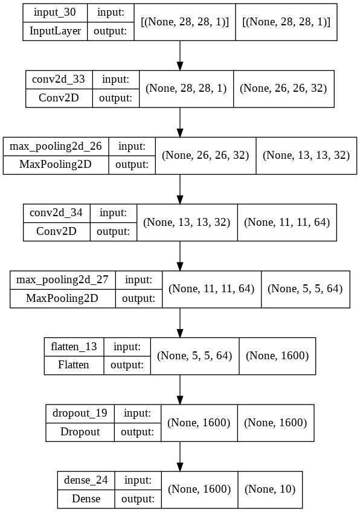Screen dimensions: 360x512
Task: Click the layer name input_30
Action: [55, 13]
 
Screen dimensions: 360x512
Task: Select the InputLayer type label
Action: [55, 31]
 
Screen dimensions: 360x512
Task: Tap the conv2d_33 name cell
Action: [59, 79]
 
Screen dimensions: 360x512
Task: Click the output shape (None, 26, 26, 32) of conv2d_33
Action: [283, 89]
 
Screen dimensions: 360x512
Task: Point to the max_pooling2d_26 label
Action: [56, 146]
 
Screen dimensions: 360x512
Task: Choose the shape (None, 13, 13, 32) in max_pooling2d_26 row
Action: [306, 155]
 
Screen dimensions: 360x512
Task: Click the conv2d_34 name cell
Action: [56, 213]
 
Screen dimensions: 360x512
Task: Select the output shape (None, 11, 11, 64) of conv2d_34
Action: [287, 222]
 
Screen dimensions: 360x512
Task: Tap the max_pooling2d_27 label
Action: [62, 280]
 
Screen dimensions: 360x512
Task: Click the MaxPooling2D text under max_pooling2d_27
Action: [62, 298]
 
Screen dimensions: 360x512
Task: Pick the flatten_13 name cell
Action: [74, 347]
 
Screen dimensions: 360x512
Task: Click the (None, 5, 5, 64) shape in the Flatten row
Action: [194, 356]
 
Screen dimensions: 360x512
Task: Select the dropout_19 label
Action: [80, 414]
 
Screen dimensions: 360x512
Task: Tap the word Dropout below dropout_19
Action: [80, 432]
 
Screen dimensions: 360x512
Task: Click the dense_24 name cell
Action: [86, 481]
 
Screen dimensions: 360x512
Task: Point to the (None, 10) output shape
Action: [270, 490]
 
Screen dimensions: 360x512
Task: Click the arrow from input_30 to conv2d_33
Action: [179, 56]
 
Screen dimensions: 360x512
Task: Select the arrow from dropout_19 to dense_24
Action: [179, 456]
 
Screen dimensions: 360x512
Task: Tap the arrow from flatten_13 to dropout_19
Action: [179, 389]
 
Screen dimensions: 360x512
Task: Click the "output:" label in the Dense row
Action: [138, 499]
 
